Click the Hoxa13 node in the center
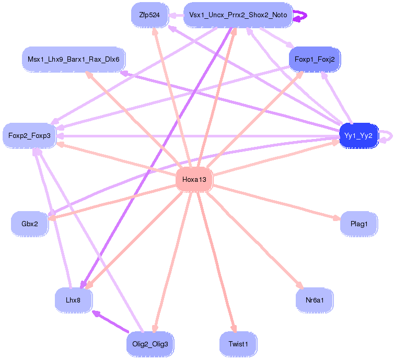coord(194,180)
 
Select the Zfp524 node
coord(149,15)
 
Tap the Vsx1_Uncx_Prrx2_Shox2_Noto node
coord(238,15)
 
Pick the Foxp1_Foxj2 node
coord(315,60)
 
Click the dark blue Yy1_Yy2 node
coord(358,136)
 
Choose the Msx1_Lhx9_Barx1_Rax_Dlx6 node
coord(73,60)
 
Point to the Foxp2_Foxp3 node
coord(29,136)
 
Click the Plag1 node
coord(358,224)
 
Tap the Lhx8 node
coord(73,300)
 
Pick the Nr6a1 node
coord(315,300)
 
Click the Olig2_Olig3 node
coord(149,344)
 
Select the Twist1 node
coord(238,344)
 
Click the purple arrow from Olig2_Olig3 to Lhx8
coord(111,322)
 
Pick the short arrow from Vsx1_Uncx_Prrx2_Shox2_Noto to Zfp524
coord(176,15)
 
